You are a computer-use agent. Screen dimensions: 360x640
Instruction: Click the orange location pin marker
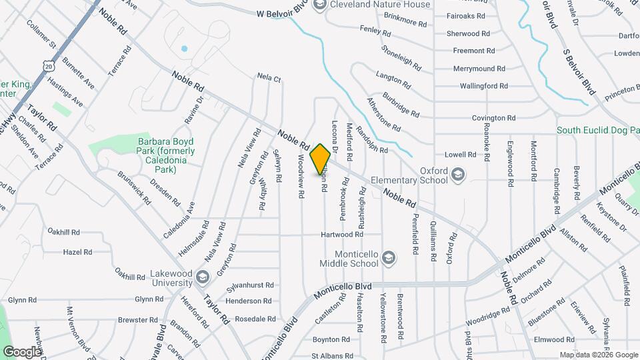[321, 159]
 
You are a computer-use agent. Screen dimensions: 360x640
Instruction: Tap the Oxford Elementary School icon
[457, 175]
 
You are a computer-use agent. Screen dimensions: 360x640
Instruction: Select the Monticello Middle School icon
[389, 257]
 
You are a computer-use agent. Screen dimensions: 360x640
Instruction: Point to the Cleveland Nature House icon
[319, 5]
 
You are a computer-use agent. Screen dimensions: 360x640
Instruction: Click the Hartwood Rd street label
[341, 235]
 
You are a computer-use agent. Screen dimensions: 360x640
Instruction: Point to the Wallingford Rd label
[484, 86]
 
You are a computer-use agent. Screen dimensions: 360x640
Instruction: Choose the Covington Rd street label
[494, 118]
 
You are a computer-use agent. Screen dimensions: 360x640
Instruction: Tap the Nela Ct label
[269, 78]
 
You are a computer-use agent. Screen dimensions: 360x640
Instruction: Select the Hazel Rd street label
[77, 253]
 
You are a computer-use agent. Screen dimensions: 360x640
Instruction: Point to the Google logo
[22, 351]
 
